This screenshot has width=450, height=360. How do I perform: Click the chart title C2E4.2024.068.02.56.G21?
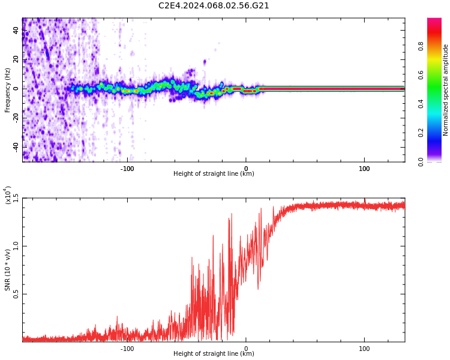214,6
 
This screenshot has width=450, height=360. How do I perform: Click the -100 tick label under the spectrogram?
127,169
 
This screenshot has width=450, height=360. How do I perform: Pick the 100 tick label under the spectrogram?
364,169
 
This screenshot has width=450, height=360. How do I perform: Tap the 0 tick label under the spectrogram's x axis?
245,169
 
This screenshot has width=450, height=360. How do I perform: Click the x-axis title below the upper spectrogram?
214,174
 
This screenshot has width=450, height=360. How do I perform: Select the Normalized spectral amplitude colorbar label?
446,90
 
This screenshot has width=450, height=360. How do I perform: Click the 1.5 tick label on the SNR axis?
16,199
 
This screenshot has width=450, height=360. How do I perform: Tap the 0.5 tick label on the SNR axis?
16,294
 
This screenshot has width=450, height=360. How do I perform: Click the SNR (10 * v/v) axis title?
8,270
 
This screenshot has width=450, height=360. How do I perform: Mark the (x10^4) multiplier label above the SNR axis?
8,196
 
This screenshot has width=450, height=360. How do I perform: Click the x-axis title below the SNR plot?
214,354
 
